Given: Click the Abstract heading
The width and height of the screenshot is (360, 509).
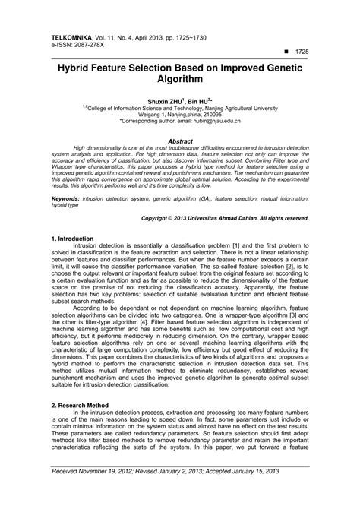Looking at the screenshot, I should click(180, 141).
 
